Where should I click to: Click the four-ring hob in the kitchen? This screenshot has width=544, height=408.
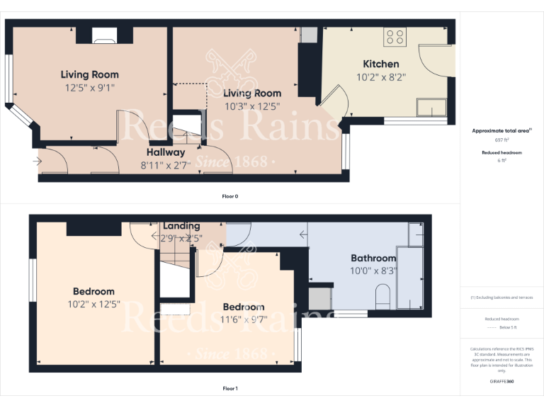[x=394, y=37]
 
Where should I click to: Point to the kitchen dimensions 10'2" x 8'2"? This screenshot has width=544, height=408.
[x=380, y=77]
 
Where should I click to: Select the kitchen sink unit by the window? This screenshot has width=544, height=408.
[x=431, y=107]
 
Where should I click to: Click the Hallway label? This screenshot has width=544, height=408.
[x=166, y=152]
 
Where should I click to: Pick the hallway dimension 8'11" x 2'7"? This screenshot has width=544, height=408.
[x=166, y=166]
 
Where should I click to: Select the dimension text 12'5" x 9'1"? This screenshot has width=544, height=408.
[x=89, y=88]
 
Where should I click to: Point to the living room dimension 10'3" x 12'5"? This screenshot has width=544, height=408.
[x=251, y=106]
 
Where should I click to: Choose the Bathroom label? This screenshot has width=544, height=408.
[x=373, y=258]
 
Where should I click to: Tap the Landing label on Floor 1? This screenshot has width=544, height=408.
[x=181, y=226]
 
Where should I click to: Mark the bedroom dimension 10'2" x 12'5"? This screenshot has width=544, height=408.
[x=93, y=305]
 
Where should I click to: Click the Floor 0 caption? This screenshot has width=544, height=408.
[x=230, y=196]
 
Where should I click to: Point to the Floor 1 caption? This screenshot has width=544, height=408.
[x=230, y=388]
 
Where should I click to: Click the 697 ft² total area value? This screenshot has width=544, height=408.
[x=501, y=140]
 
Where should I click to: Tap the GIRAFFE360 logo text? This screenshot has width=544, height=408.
[x=501, y=381]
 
